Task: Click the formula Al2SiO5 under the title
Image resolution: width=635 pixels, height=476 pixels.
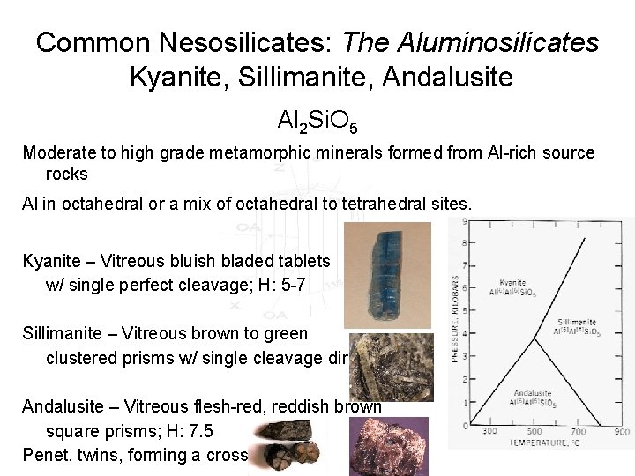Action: click(x=317, y=121)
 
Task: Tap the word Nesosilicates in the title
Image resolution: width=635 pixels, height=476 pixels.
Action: click(x=234, y=41)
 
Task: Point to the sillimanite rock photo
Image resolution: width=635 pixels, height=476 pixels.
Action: click(x=391, y=366)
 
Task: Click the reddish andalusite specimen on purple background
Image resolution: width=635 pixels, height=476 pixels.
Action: click(x=389, y=445)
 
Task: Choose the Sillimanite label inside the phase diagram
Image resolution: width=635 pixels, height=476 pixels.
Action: click(x=576, y=323)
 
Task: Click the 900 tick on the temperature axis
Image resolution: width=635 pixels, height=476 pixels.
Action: click(x=622, y=431)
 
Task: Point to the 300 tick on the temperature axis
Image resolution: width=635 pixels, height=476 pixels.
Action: click(x=490, y=431)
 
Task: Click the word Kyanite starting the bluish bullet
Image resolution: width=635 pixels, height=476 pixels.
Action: click(x=50, y=261)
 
